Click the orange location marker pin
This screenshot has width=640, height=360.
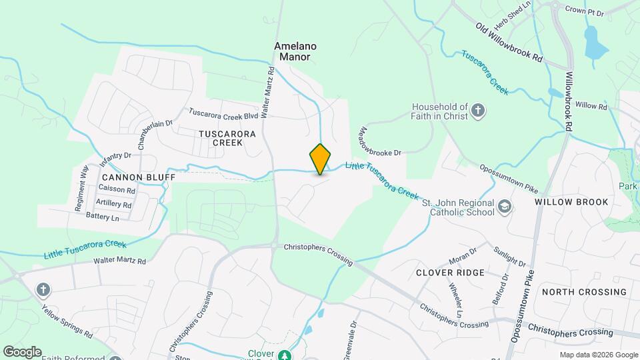(320, 159)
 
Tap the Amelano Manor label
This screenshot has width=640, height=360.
(295, 51)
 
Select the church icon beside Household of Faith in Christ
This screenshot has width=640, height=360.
(477, 111)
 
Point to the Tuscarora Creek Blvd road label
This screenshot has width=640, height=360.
(223, 115)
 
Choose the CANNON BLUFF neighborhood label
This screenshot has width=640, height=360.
(139, 177)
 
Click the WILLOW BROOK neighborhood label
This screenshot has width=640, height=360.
(571, 202)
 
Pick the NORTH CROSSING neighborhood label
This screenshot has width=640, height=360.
(584, 292)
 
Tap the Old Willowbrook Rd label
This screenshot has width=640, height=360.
(509, 41)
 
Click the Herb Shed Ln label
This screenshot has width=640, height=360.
(512, 14)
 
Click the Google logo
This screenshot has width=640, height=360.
(22, 351)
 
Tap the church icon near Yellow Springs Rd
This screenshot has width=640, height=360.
(43, 289)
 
